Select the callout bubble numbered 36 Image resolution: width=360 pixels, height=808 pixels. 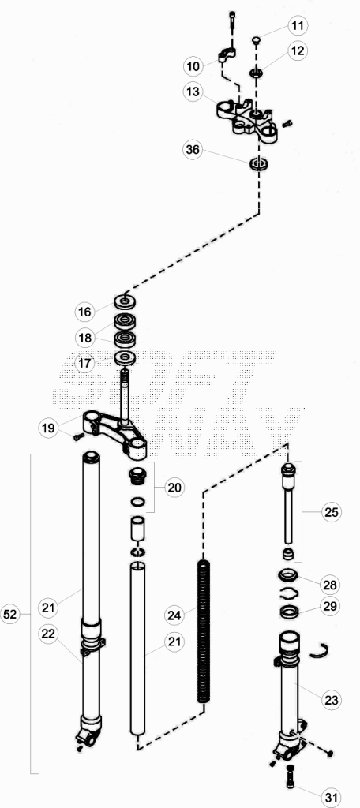[x=193, y=150]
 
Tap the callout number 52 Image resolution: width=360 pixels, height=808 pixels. [x=10, y=614]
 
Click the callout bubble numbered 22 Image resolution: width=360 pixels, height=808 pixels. [x=48, y=634]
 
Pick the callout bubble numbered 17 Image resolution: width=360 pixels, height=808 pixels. [x=85, y=363]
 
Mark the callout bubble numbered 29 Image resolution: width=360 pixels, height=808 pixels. [x=330, y=606]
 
